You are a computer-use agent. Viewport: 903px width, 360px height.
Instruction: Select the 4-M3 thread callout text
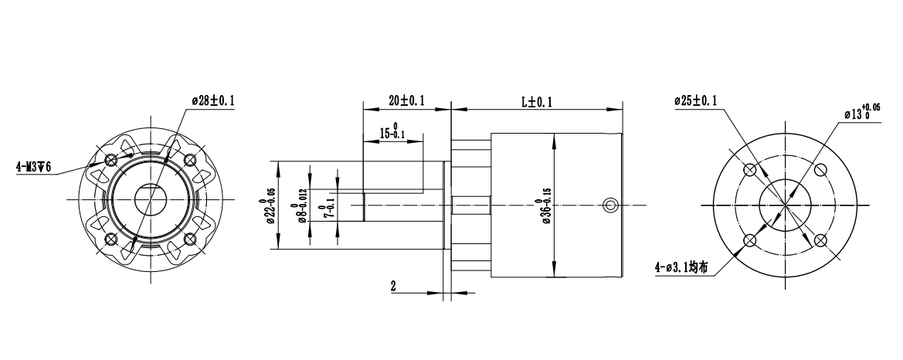click(33, 167)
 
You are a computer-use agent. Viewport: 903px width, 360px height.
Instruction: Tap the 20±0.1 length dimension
click(406, 101)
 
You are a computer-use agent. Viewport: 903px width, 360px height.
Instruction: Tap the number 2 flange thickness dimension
click(394, 286)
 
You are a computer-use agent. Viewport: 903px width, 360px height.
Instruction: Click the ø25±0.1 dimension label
click(696, 100)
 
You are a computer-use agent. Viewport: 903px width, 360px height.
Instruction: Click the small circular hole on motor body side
click(610, 205)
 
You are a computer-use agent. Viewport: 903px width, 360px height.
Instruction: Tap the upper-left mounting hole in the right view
click(749, 169)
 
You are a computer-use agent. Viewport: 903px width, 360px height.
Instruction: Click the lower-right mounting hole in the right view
click(820, 240)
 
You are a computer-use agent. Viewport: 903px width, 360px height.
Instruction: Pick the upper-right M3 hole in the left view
click(189, 161)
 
